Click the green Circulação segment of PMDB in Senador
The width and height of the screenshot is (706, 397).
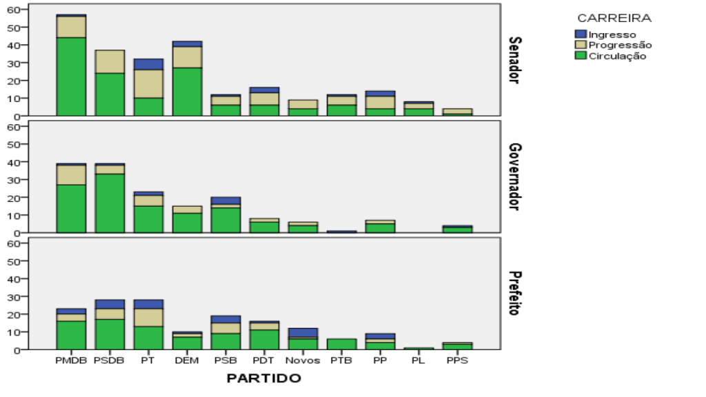[71, 76]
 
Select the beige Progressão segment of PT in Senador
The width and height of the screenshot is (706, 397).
[148, 83]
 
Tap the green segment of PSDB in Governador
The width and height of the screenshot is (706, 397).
[110, 203]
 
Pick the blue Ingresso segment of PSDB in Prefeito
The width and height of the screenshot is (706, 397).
[110, 304]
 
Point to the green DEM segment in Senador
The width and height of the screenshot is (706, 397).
[187, 91]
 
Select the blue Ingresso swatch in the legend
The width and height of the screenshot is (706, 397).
[581, 34]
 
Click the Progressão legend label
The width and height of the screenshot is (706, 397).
[619, 45]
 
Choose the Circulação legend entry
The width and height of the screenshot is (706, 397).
[616, 56]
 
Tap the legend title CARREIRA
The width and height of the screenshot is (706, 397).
[614, 18]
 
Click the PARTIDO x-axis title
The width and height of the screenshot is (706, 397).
[264, 378]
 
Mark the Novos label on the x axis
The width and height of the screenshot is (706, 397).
[303, 360]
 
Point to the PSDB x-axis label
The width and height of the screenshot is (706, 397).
[110, 360]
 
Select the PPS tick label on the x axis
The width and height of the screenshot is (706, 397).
[457, 360]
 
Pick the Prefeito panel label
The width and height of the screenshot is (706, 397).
[514, 294]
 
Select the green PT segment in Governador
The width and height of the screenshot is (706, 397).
[148, 218]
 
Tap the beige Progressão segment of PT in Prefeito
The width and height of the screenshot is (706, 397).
[148, 317]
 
